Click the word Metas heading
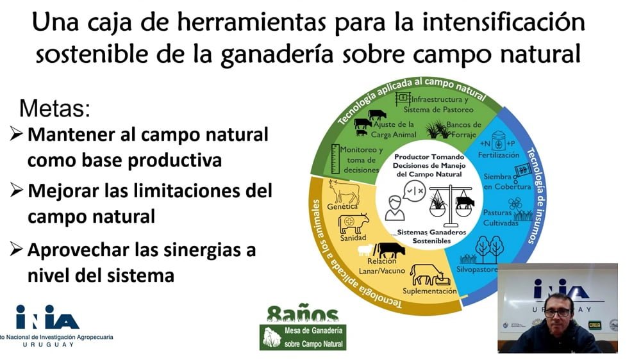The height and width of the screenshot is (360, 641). click(x=54, y=108)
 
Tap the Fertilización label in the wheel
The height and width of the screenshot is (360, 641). click(x=498, y=155)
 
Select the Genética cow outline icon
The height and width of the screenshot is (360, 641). click(x=344, y=192)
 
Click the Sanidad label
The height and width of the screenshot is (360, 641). click(x=353, y=238)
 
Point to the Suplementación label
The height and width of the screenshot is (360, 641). click(x=429, y=291)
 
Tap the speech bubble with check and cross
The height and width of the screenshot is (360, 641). click(x=414, y=191)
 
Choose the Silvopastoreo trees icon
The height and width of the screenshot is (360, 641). click(x=489, y=249)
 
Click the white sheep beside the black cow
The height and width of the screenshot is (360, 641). click(x=366, y=250)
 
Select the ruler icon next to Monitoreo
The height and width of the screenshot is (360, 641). click(x=335, y=159)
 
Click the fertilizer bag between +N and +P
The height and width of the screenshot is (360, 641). click(x=498, y=141)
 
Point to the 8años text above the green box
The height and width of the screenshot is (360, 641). click(x=303, y=314)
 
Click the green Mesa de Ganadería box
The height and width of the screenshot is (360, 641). click(x=303, y=337)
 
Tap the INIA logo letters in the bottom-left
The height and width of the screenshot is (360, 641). click(x=47, y=317)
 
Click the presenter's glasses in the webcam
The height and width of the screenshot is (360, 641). click(x=557, y=313)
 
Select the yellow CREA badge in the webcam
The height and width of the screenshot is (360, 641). click(x=594, y=325)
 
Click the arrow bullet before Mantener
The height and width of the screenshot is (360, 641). click(x=15, y=134)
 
